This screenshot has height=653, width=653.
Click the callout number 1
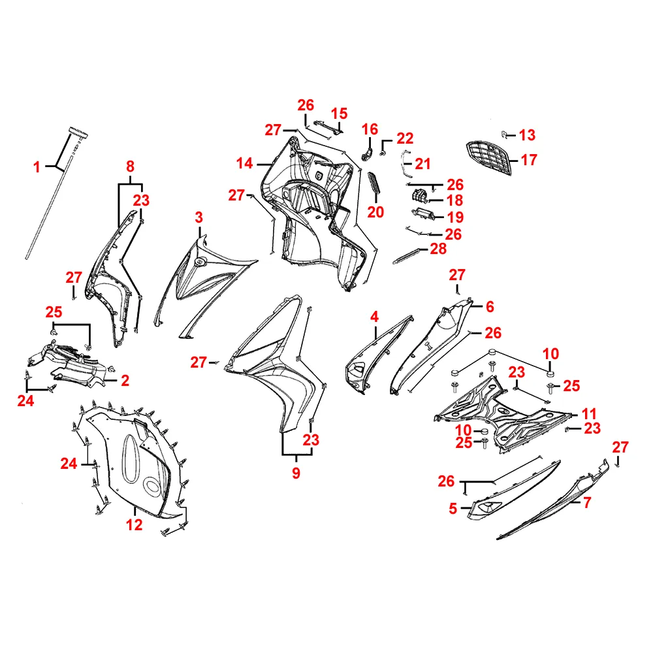[37, 167]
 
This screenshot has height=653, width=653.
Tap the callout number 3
[199, 217]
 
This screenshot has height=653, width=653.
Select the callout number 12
[134, 525]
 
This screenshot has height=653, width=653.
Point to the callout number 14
[244, 163]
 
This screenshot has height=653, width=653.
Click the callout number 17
[529, 160]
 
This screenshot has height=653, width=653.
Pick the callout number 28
[438, 249]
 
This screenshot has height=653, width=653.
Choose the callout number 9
[296, 473]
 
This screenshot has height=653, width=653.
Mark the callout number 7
[587, 503]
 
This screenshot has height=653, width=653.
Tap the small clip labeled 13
[504, 134]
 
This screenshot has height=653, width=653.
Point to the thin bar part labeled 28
[406, 256]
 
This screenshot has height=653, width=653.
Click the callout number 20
[375, 212]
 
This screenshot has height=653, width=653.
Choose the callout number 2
[125, 380]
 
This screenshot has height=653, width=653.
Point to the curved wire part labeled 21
[404, 163]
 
